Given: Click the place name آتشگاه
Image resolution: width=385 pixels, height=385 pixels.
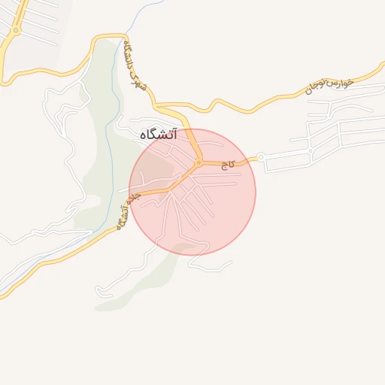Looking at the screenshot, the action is click(158, 135).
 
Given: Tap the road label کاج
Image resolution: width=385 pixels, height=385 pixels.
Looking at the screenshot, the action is click(232, 163).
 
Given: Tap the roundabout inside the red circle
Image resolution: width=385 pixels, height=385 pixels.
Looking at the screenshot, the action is click(199, 162).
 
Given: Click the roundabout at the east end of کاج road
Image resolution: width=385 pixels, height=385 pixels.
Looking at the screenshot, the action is click(261, 157).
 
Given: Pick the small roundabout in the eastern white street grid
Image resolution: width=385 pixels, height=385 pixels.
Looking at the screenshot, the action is click(310, 151).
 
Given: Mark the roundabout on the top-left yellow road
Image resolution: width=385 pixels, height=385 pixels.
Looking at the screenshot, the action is click(16, 30).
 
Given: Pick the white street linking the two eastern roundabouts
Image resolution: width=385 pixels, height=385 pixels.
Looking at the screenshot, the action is click(286, 153).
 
